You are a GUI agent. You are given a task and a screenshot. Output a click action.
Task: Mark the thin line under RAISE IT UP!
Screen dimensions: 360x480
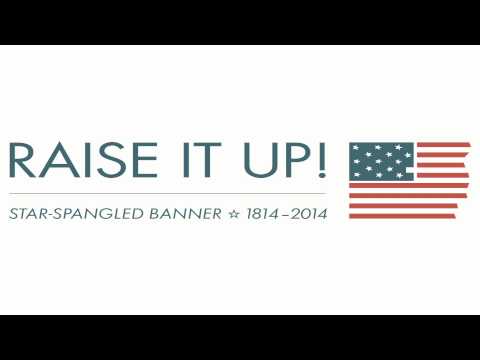coord(165,193)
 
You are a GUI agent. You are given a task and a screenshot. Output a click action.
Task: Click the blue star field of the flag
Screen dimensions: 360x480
coord(381,161)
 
